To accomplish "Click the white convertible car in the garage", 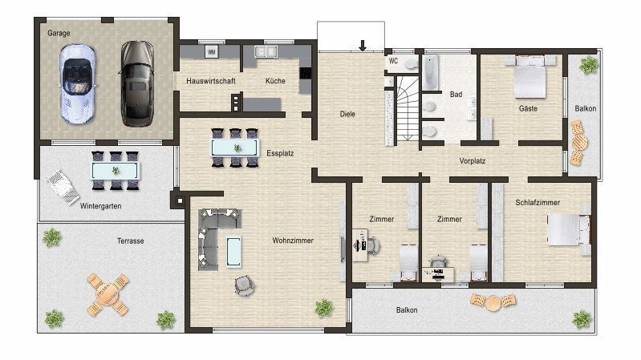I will [x=78, y=83].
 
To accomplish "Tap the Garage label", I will [x=59, y=34].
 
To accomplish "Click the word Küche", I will [x=275, y=81].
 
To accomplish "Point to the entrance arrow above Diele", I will [x=363, y=45].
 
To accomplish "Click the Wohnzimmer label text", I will [x=292, y=241].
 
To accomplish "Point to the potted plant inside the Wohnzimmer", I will [x=324, y=307].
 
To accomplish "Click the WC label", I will [x=393, y=60].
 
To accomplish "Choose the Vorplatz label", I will [x=473, y=160].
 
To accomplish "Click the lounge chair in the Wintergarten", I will [x=63, y=187].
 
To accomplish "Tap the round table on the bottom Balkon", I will [x=492, y=302].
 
